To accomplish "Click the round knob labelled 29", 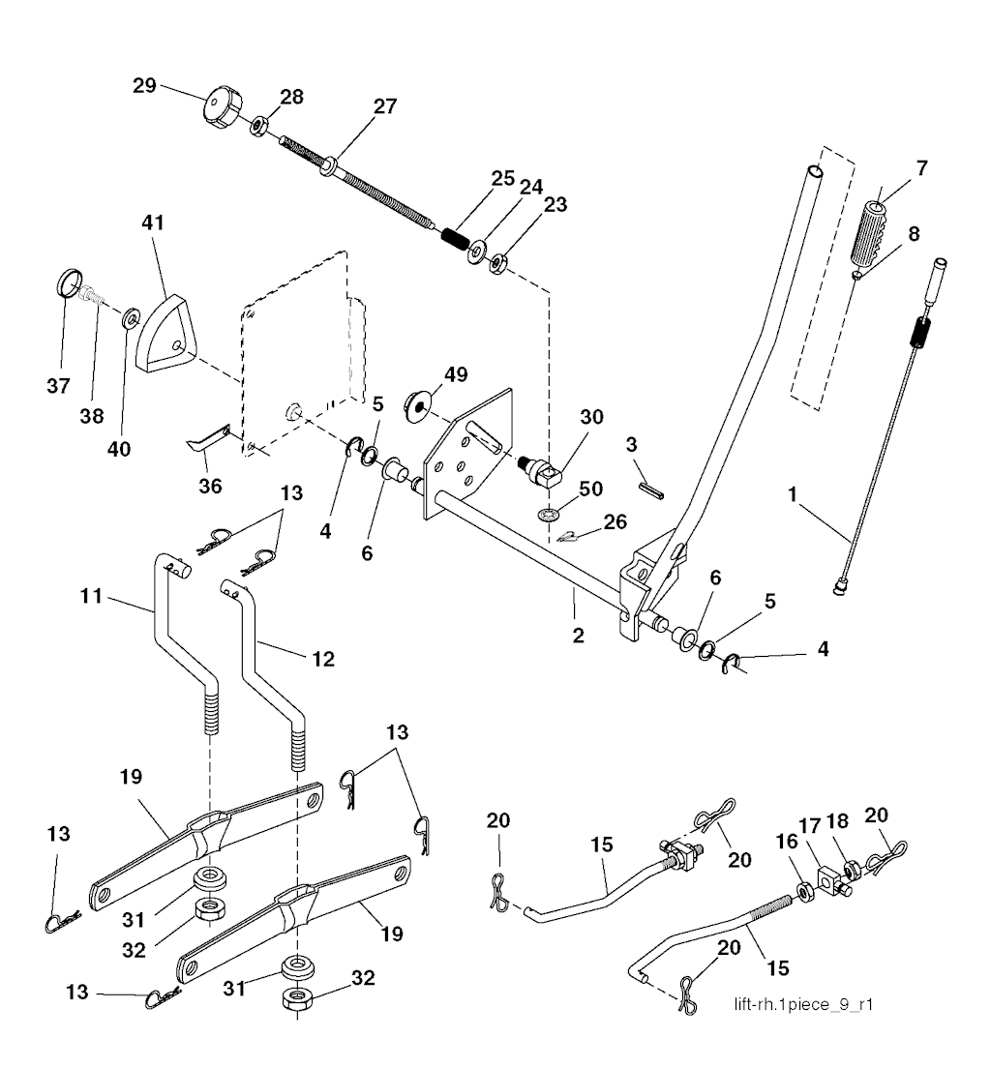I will coord(222,106).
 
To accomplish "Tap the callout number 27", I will coord(385,107).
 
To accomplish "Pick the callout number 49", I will coord(455,374).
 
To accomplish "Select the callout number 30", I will coord(591,417).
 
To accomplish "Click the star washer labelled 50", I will coord(547,511).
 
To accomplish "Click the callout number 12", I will coord(322,659).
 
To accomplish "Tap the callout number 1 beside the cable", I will coord(792,496).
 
